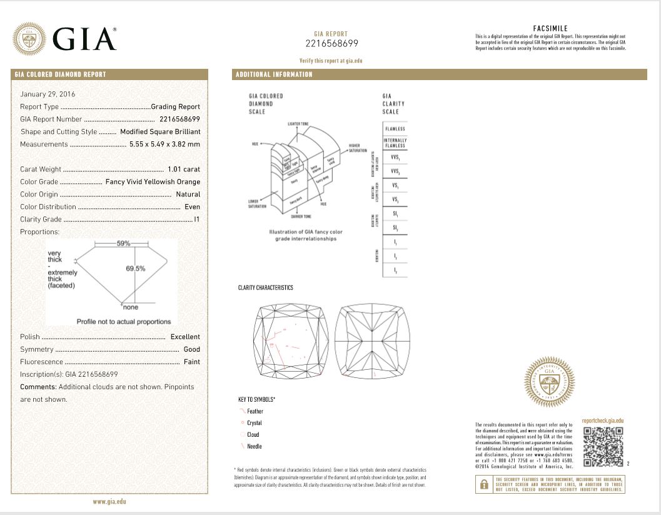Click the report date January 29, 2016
coord(48,94)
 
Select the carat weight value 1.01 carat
coord(184,169)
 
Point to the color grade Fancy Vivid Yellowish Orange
coord(153,181)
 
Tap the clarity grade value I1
coord(197,219)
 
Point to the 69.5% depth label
coord(135,268)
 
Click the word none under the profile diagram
coord(130,307)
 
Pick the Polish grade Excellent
coord(185,337)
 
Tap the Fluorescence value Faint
coord(191,362)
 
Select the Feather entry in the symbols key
coord(255,411)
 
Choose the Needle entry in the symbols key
coord(255,446)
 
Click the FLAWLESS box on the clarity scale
coord(395,129)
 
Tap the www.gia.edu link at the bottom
coord(110,501)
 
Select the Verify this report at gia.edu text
coord(331,61)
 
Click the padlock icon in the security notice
coord(483,484)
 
